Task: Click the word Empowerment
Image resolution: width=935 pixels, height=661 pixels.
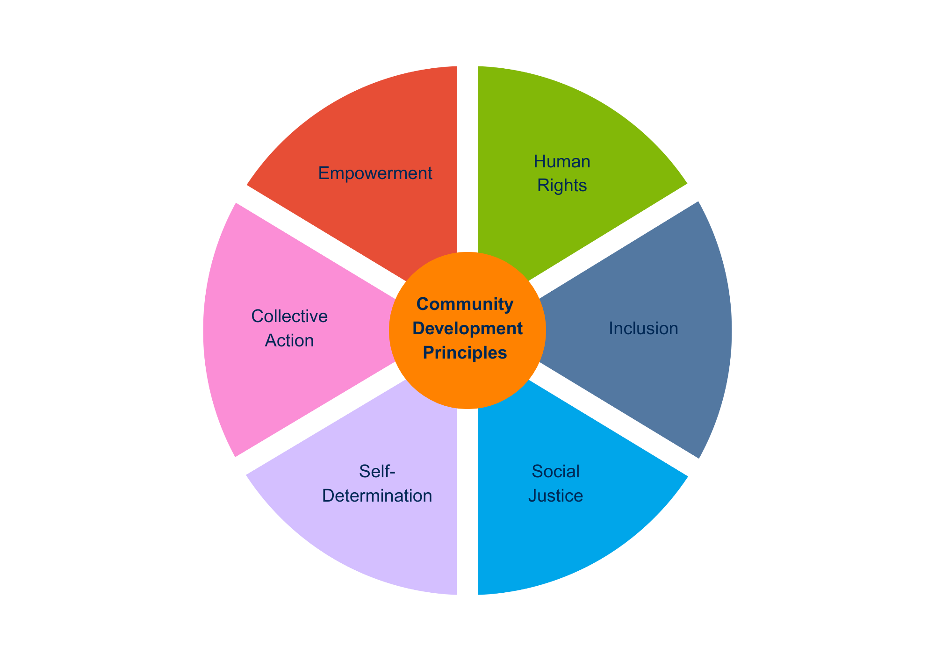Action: pos(375,173)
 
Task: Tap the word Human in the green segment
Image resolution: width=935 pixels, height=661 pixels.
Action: pos(562,162)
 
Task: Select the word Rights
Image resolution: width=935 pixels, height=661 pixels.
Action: pos(562,186)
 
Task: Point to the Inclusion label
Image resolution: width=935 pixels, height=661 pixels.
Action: pos(643,329)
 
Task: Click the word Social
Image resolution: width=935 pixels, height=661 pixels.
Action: pos(555,471)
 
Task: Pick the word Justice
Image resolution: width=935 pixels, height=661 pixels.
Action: pos(555,496)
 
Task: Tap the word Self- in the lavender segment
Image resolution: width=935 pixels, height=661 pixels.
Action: pos(377,471)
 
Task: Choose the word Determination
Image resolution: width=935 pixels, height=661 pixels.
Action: pos(377,496)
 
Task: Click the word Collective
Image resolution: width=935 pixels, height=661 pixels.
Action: pos(289,316)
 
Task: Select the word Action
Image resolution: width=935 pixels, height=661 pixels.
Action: pos(289,341)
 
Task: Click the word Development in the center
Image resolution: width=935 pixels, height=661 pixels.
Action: pos(467,329)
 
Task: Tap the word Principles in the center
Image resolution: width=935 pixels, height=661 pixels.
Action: pos(465,353)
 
